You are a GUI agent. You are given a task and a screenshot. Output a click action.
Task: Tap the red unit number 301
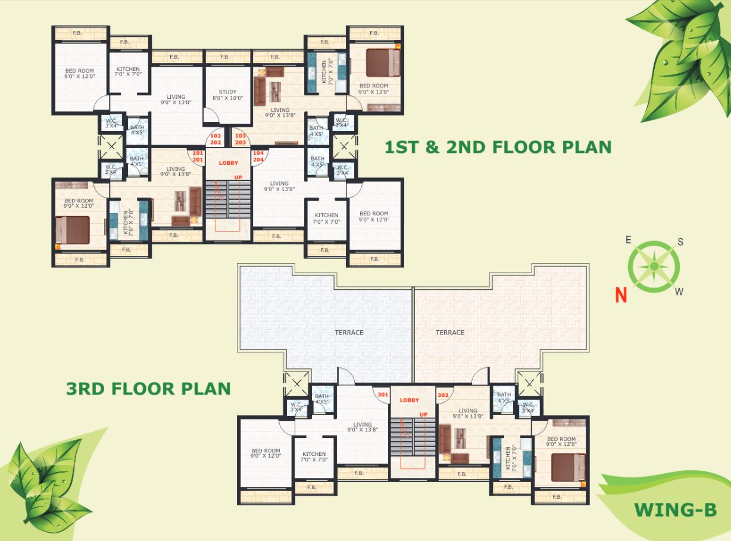382,394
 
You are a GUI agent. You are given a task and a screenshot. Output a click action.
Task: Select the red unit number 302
443,395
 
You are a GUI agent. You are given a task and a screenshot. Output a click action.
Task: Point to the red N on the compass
621,295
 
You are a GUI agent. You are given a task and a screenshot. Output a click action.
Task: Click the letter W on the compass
679,292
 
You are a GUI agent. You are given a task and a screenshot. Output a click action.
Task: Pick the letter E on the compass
628,240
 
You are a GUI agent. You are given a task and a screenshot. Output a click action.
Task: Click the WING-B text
674,510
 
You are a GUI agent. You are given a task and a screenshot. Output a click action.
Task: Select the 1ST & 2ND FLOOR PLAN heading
498,147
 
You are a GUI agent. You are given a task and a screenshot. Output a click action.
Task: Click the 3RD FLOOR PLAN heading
148,389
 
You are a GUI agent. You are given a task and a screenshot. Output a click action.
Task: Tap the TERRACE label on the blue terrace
349,333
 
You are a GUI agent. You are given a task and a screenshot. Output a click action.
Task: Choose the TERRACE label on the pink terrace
450,333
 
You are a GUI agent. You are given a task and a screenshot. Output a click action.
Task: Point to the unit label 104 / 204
258,157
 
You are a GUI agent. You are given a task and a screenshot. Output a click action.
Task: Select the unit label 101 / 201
198,157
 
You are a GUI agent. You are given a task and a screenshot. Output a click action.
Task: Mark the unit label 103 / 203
240,139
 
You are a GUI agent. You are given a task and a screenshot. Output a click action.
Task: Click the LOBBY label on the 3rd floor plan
410,401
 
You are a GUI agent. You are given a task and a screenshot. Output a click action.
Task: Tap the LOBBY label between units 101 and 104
229,163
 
